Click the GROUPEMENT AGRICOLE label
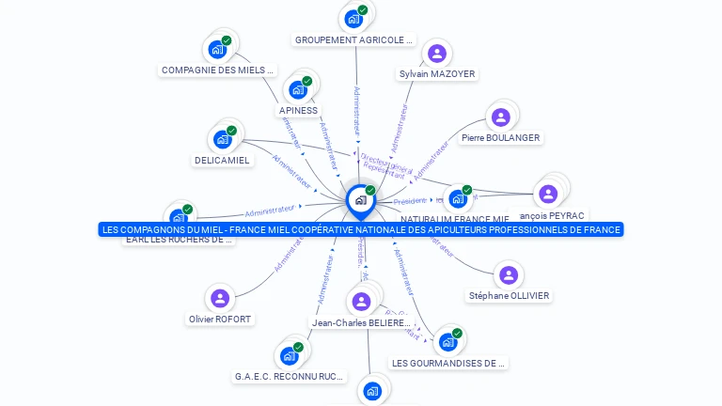[353, 40]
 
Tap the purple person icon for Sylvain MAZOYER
[436, 54]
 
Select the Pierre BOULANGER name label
[500, 138]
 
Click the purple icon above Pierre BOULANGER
[500, 117]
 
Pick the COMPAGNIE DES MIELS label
[218, 70]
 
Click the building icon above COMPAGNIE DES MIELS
[218, 49]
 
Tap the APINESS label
[298, 111]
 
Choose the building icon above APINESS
[298, 89]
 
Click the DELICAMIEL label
[222, 161]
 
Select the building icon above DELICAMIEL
[223, 139]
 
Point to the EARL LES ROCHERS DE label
[178, 240]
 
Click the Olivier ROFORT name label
[220, 320]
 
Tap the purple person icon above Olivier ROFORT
[220, 298]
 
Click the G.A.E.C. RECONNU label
[289, 377]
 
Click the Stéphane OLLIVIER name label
[509, 296]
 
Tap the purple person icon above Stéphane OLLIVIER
[509, 274]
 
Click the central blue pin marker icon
[360, 200]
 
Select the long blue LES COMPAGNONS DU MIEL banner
[360, 229]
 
